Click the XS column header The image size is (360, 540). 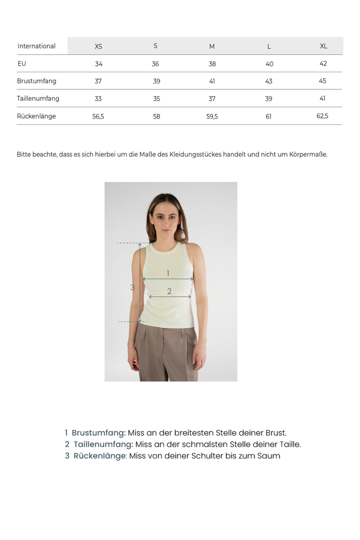pyautogui.click(x=99, y=46)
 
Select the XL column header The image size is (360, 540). pyautogui.click(x=323, y=46)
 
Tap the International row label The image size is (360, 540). pyautogui.click(x=37, y=46)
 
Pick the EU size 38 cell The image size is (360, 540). pyautogui.click(x=212, y=64)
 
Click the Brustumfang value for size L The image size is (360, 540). pyautogui.click(x=269, y=81)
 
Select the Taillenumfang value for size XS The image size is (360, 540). pyautogui.click(x=98, y=99)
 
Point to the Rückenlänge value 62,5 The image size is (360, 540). pyautogui.click(x=322, y=116)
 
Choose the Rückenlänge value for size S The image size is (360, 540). pyautogui.click(x=156, y=116)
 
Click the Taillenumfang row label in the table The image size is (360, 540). pyautogui.click(x=38, y=99)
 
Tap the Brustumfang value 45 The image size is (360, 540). pyautogui.click(x=322, y=81)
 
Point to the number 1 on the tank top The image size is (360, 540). pyautogui.click(x=168, y=273)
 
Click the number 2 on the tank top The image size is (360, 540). pyautogui.click(x=169, y=291)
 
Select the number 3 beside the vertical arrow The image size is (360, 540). pyautogui.click(x=132, y=287)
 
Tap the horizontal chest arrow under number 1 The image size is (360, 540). pyautogui.click(x=168, y=279)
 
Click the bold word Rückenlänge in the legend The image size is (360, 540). pyautogui.click(x=99, y=456)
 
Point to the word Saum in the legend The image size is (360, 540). pyautogui.click(x=269, y=456)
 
